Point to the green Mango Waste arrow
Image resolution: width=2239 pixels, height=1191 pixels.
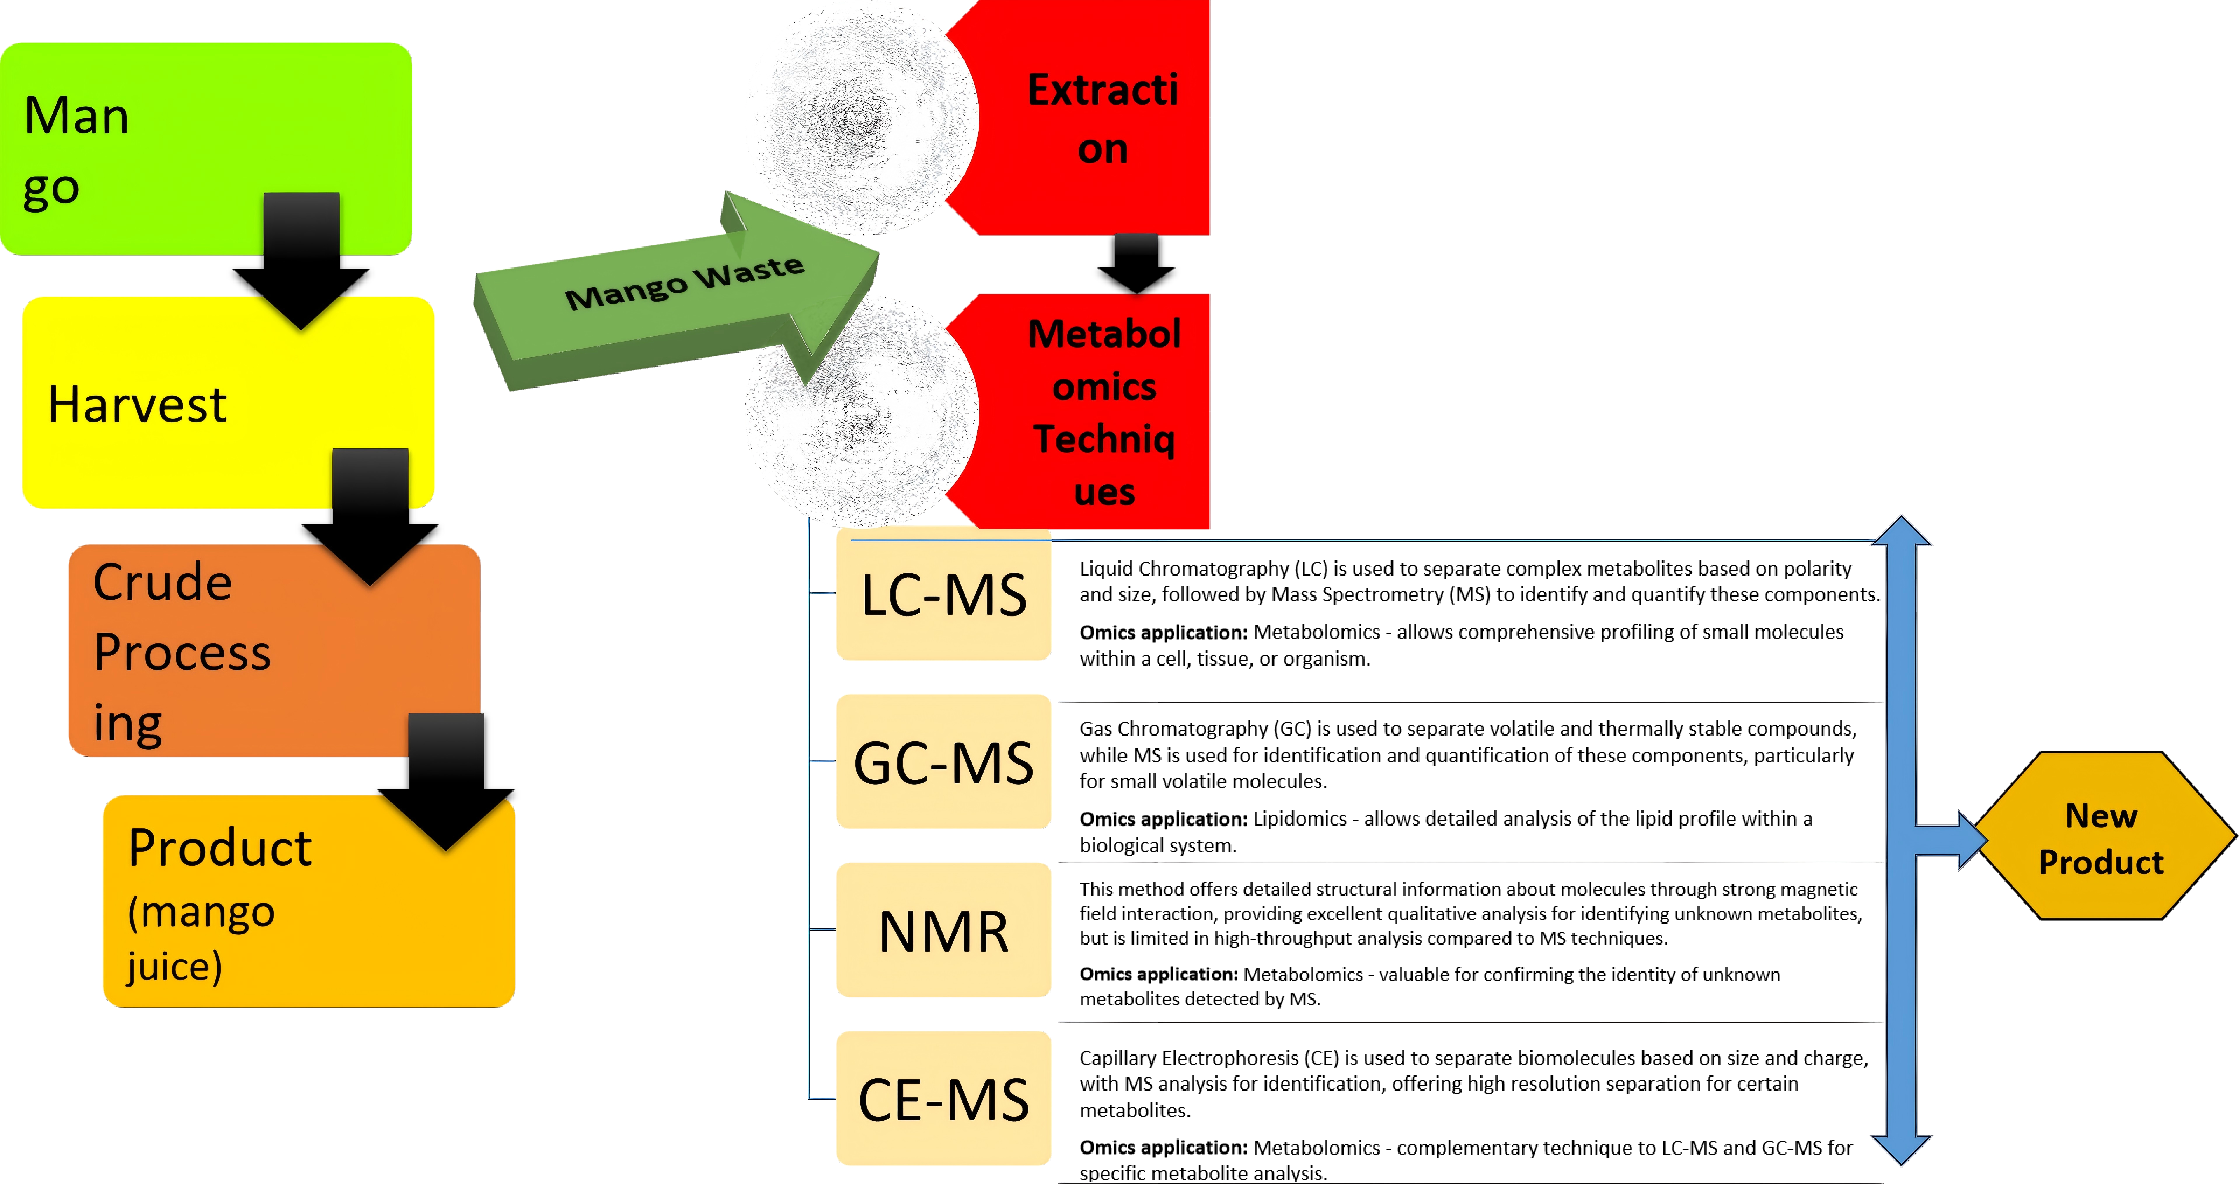678,291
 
